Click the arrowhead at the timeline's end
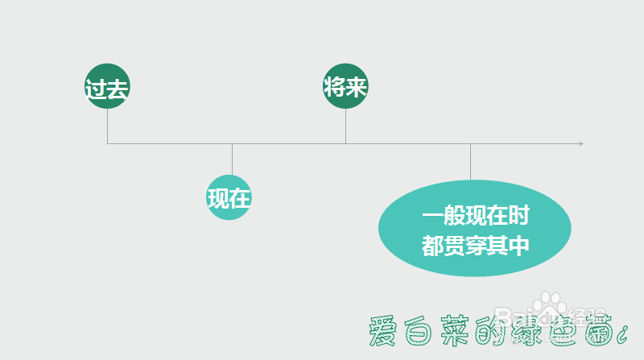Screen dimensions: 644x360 [580, 143]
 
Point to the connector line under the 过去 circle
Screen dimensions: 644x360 [107, 126]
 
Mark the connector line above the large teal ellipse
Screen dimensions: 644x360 [470, 161]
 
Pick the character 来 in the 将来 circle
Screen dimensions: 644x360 [357, 87]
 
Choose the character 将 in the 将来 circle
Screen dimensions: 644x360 [335, 87]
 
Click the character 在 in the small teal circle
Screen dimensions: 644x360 [241, 198]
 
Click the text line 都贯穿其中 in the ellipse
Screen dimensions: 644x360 [475, 244]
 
